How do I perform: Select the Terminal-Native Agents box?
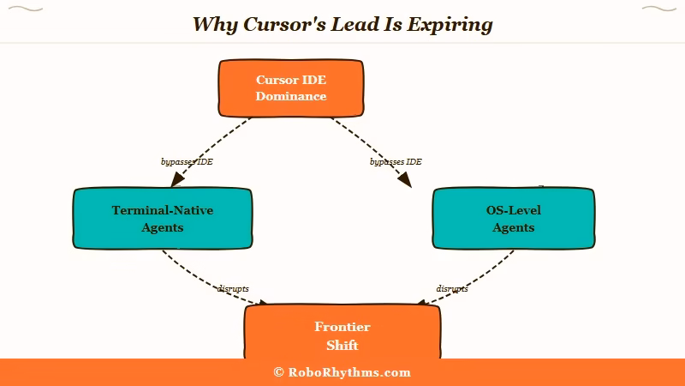[x=163, y=219]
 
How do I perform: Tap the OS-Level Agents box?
[x=514, y=219]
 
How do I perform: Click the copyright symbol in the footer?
[x=278, y=372]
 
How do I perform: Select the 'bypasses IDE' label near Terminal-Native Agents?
[x=187, y=161]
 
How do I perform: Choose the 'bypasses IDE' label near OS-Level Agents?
[x=396, y=161]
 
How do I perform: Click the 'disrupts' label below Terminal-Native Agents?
[x=233, y=288]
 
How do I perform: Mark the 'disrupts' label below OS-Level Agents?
[x=452, y=288]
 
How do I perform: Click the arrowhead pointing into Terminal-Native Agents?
[x=177, y=179]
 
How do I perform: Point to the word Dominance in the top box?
[x=291, y=96]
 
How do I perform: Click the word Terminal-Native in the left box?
[x=163, y=210]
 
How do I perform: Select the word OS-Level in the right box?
[x=514, y=210]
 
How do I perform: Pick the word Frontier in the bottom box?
[x=342, y=328]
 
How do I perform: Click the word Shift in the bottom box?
[x=342, y=345]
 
